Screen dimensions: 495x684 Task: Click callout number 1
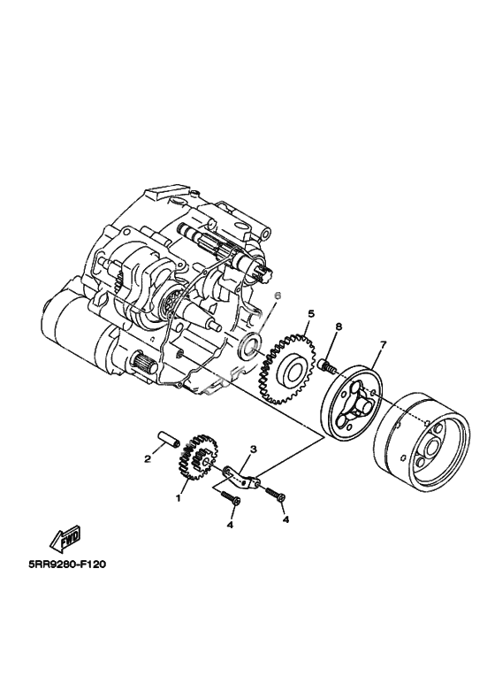pos(178,498)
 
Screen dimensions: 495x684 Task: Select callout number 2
pos(148,458)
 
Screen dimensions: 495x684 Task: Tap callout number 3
pos(253,449)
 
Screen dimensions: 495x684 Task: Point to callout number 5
pos(310,313)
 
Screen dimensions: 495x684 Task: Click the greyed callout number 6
pos(278,296)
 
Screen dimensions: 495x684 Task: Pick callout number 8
pos(339,326)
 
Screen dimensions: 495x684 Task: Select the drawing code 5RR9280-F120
pos(67,565)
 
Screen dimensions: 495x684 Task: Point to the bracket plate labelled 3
pos(243,477)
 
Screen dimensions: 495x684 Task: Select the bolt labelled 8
pos(327,366)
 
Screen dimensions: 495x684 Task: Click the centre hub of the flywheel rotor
pos(434,448)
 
